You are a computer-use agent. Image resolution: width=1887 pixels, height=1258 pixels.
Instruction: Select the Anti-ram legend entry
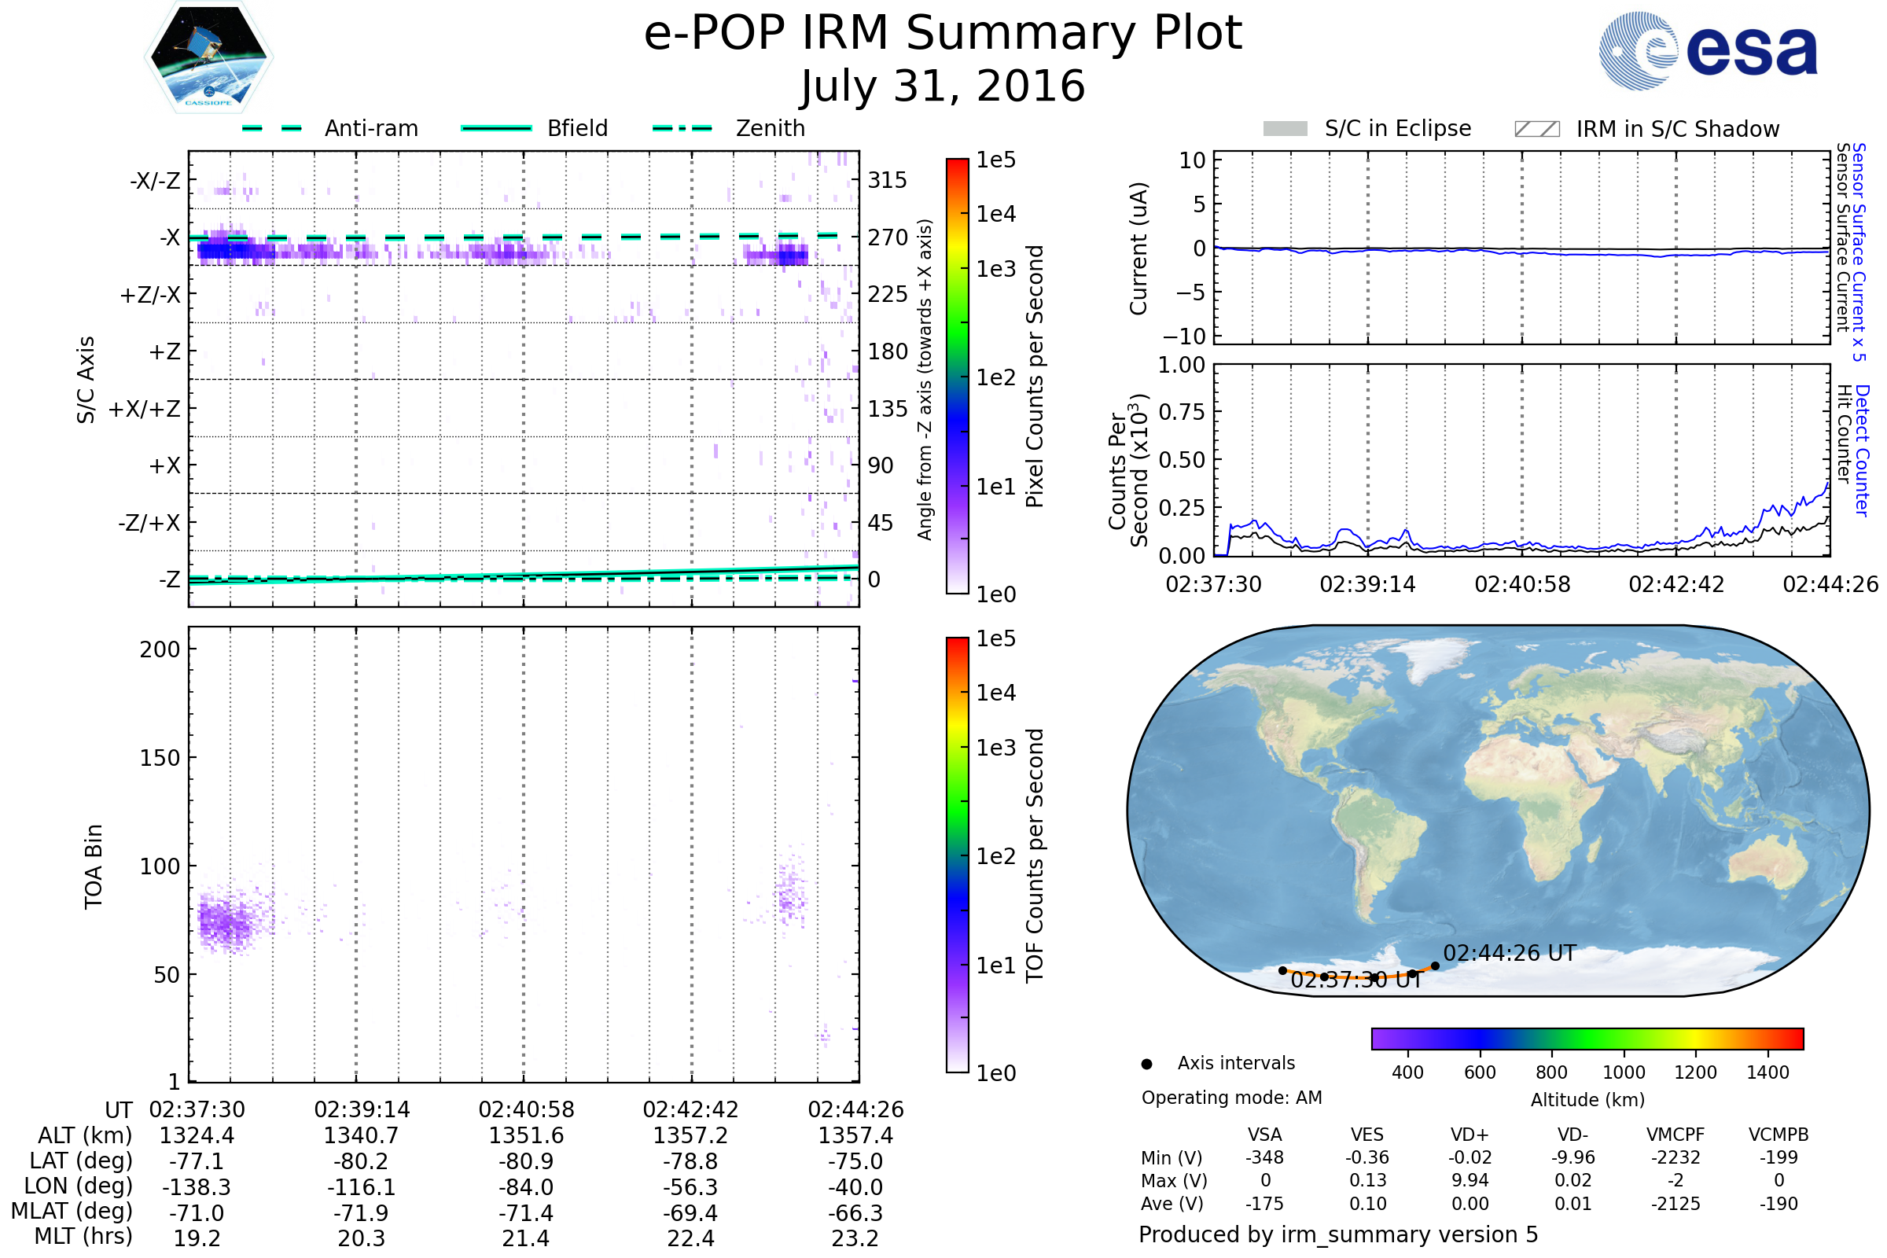pos(370,128)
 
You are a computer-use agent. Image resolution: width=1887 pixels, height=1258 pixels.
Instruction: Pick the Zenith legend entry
pos(770,128)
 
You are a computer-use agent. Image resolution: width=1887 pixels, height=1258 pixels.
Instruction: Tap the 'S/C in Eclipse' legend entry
pos(1397,128)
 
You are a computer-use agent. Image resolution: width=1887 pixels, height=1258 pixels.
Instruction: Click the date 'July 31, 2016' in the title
pos(943,86)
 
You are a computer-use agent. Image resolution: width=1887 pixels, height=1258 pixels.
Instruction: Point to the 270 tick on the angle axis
pos(888,237)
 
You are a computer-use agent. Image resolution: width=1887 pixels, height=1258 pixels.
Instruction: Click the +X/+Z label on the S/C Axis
pos(145,409)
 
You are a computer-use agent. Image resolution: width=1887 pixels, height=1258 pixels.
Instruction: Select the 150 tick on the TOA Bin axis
pos(160,758)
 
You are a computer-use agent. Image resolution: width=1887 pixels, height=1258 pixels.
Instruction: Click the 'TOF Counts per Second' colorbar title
pos(1035,855)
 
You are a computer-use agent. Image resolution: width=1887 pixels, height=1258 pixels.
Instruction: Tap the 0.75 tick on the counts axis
pos(1182,412)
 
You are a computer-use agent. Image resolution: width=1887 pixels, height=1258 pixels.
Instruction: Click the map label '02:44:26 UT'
pos(1509,953)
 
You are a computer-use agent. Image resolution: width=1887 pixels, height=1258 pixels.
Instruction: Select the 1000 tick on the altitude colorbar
pos(1623,1072)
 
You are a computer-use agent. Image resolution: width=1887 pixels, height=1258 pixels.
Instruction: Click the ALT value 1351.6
pos(526,1136)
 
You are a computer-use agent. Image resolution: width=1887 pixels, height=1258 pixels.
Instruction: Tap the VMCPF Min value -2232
pos(1675,1157)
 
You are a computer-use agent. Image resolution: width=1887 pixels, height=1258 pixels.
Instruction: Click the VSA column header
pos(1264,1135)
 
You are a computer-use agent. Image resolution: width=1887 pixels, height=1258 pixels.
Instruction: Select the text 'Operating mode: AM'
pos(1231,1098)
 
